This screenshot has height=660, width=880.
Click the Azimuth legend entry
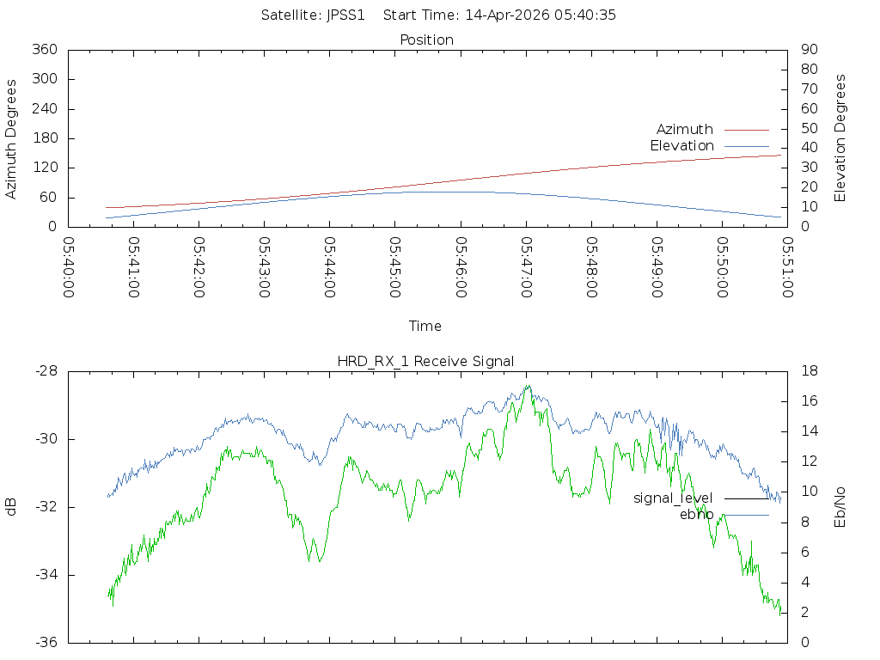click(x=685, y=129)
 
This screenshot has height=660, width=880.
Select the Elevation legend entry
click(x=681, y=145)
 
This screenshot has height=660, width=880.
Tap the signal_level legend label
click(x=673, y=498)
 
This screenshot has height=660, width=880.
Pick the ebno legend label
click(x=696, y=514)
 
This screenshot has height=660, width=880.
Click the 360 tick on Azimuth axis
click(x=44, y=50)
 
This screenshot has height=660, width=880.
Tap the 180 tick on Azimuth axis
click(x=44, y=138)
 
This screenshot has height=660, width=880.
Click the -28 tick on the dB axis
click(x=45, y=371)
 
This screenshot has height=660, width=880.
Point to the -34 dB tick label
click(x=45, y=575)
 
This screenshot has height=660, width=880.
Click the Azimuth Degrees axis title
click(x=11, y=138)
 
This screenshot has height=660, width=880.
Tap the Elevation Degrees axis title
click(x=840, y=138)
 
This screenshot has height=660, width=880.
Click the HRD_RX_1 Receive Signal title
click(x=425, y=361)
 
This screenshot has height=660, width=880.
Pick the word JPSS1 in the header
click(x=346, y=15)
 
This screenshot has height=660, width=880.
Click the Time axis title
click(x=425, y=326)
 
